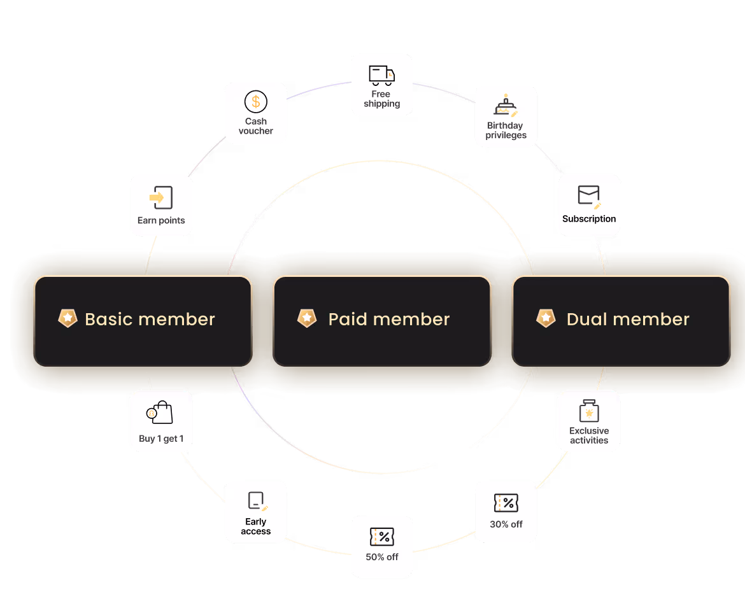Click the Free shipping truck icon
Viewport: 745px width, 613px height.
(381, 75)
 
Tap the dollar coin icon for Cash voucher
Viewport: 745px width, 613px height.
(256, 102)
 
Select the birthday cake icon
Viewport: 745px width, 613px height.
(506, 106)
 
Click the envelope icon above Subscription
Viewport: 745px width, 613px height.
(589, 196)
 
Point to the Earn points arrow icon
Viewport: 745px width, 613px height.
(161, 198)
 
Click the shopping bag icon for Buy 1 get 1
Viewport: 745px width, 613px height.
(160, 413)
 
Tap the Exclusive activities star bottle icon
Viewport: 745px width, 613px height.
(589, 412)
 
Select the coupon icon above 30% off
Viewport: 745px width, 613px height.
(506, 504)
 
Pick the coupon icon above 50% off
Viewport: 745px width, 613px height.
(382, 537)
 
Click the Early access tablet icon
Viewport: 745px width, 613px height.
(256, 501)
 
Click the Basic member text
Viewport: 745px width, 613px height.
(150, 319)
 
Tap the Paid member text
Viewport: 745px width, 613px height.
(389, 319)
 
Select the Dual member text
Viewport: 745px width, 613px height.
(628, 319)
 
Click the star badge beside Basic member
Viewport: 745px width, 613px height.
(67, 318)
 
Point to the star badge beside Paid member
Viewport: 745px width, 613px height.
(307, 318)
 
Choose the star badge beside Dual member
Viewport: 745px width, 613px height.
(546, 318)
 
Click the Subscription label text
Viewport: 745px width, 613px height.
(589, 219)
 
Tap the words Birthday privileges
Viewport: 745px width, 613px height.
(506, 130)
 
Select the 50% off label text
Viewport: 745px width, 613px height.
(382, 557)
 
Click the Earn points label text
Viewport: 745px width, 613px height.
(161, 221)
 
